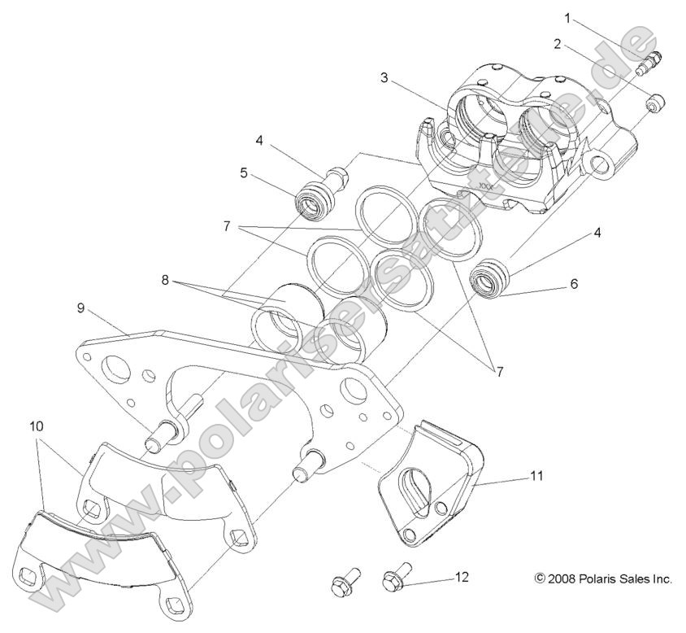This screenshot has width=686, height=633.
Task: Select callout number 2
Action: click(557, 44)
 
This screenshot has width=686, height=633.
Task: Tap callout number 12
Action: click(462, 577)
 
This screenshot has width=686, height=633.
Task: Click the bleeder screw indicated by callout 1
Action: click(653, 60)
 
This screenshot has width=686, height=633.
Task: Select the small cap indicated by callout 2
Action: click(657, 104)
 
